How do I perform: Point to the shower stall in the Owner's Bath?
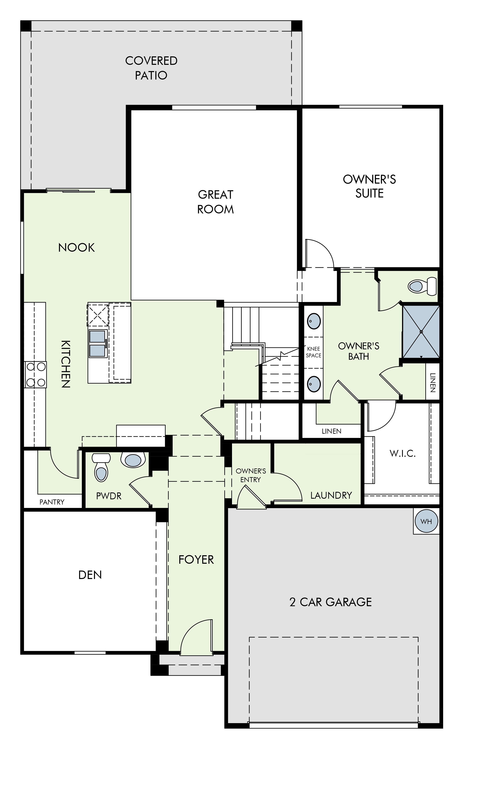point(421,331)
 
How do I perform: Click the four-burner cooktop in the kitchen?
point(36,375)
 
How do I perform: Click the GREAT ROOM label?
point(216,202)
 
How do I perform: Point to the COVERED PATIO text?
point(151,68)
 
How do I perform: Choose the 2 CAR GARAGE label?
point(331,602)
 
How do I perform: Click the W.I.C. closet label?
point(402,453)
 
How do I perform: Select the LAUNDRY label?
point(331,495)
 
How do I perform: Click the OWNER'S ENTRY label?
point(251,475)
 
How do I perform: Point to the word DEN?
point(90,575)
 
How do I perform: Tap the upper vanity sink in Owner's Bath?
point(314,321)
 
